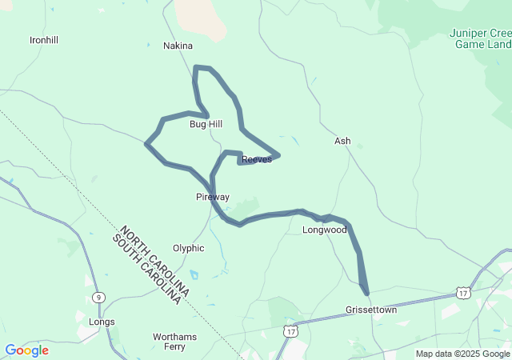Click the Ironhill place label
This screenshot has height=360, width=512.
[44, 40]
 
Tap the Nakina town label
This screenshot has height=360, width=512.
[178, 46]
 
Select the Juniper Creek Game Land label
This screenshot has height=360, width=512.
[481, 38]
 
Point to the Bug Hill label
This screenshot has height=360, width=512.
[206, 124]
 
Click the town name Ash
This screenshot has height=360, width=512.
[342, 141]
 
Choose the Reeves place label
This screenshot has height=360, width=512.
[257, 159]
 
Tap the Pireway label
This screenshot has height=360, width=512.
[213, 197]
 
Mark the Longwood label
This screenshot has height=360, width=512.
[324, 230]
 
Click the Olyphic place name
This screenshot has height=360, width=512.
[189, 248]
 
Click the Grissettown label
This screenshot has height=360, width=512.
[370, 309]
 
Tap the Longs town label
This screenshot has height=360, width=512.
[102, 322]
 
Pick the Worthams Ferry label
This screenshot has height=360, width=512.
[175, 342]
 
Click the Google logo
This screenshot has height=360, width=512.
[26, 350]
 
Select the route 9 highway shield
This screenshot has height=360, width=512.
[98, 296]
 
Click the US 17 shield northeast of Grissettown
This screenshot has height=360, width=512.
[463, 294]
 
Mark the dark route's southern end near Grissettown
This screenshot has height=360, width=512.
[367, 294]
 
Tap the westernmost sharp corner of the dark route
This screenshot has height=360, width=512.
[146, 144]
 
